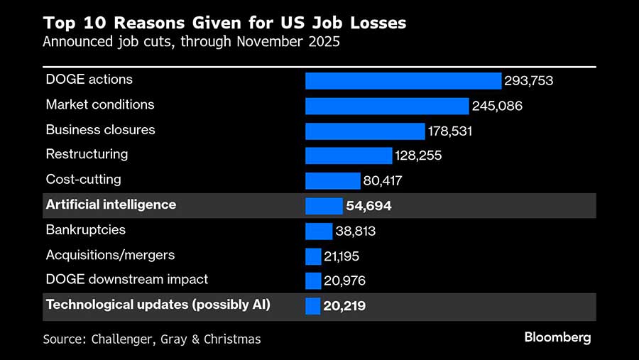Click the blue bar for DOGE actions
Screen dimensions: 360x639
[403, 80]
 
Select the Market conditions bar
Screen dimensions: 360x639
[387, 106]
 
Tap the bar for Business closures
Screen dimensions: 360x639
[364, 131]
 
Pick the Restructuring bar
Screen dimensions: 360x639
[349, 156]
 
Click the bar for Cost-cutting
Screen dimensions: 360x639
[332, 180]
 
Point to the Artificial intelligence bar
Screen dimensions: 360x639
[324, 206]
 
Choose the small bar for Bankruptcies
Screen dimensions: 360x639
[319, 231]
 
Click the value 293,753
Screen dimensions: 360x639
[528, 81]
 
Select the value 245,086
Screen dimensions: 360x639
[497, 107]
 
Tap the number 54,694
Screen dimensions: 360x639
[368, 206]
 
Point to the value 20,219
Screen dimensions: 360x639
[344, 306]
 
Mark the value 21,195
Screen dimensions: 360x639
[344, 256]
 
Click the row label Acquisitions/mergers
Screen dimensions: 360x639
[110, 255]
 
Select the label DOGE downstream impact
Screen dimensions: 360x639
[127, 280]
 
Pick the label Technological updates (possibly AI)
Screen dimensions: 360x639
[158, 305]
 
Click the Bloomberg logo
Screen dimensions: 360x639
[557, 337]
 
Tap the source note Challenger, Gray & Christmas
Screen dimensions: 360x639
[152, 339]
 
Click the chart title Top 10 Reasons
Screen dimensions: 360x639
[224, 23]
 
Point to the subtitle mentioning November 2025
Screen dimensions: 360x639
[191, 41]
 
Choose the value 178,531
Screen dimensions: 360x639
[450, 131]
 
